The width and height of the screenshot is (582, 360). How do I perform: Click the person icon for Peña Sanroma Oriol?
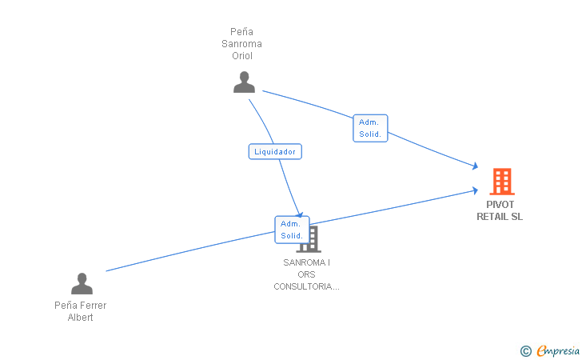point(244,82)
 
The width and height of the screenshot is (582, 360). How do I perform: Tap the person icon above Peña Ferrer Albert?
point(82,283)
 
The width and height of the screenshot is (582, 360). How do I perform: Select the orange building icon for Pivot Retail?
point(501,182)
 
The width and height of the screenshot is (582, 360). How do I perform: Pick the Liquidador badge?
point(275,151)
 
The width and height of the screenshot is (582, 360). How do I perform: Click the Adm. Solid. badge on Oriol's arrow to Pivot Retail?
point(370,128)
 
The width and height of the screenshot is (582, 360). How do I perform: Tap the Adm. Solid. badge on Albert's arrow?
point(291,230)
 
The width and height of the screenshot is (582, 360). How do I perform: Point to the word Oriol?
point(242,56)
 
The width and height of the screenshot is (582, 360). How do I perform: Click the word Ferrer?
point(92,306)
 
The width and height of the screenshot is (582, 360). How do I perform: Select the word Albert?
point(80,318)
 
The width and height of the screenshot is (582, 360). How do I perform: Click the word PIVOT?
point(500,204)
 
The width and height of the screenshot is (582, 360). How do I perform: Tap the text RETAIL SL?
point(500,216)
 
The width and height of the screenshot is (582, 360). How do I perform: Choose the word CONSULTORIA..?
point(306,286)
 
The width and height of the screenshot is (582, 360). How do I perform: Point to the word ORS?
point(306,274)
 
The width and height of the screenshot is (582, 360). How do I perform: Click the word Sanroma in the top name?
point(242,44)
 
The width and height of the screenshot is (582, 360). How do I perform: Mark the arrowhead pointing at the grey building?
point(300,214)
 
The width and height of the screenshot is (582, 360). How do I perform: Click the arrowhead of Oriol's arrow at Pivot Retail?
point(475,166)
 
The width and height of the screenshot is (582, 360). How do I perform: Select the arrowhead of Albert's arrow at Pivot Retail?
point(475,190)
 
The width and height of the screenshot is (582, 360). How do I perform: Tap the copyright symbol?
point(525,350)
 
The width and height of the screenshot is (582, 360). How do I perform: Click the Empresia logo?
point(558,350)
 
